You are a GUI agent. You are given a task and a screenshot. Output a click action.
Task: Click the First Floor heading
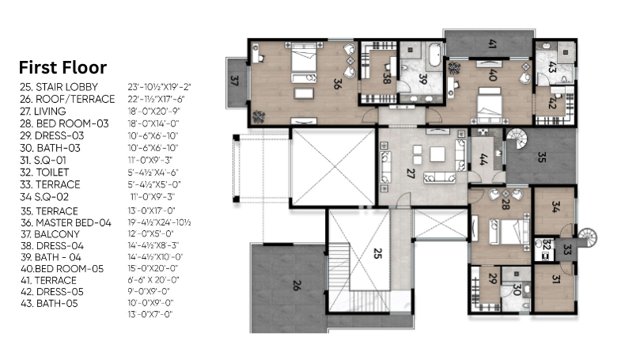pyautogui.click(x=62, y=67)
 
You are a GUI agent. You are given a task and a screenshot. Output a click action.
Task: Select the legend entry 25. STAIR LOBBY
pyautogui.click(x=59, y=87)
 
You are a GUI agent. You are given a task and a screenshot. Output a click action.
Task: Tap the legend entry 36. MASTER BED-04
pyautogui.click(x=66, y=223)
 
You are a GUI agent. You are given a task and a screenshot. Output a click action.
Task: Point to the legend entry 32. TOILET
pyautogui.click(x=44, y=172)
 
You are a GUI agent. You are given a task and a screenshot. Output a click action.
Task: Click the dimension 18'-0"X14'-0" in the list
pyautogui.click(x=153, y=123)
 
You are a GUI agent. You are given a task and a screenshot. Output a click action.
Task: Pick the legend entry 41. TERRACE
pyautogui.click(x=48, y=280)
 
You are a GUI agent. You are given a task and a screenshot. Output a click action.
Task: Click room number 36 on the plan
pyautogui.click(x=337, y=84)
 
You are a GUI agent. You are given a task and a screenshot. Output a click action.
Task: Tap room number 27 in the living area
pyautogui.click(x=411, y=173)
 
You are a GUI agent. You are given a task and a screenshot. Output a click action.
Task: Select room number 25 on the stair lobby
pyautogui.click(x=377, y=253)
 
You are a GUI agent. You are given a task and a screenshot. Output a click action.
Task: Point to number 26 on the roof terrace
pyautogui.click(x=297, y=285)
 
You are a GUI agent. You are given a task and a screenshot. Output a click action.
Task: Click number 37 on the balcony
pyautogui.click(x=234, y=81)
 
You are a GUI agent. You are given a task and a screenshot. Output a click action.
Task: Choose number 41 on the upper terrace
pyautogui.click(x=492, y=44)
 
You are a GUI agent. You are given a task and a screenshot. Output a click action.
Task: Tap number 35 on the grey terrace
pyautogui.click(x=542, y=157)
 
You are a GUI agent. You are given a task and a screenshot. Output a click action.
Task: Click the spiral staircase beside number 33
pyautogui.click(x=587, y=238)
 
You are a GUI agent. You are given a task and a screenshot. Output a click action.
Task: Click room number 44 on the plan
pyautogui.click(x=483, y=160)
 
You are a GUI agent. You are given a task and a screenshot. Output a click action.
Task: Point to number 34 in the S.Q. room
pyautogui.click(x=555, y=207)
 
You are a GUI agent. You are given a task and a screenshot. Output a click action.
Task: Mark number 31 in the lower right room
pyautogui.click(x=555, y=279)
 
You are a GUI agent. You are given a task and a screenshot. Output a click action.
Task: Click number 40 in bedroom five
pyautogui.click(x=493, y=75)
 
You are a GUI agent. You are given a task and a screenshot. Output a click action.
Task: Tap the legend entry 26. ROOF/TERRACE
pyautogui.click(x=67, y=99)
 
